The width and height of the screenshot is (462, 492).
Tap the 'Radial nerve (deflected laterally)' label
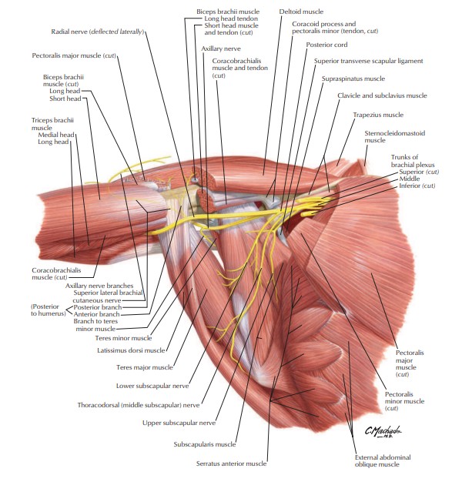[x=97, y=32]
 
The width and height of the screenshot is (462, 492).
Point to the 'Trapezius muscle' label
[x=378, y=115]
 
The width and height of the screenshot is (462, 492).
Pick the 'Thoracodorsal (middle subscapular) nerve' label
[x=139, y=403]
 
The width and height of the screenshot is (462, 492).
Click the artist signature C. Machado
[x=383, y=432]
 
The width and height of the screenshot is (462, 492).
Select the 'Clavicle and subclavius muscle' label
[x=381, y=95]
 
